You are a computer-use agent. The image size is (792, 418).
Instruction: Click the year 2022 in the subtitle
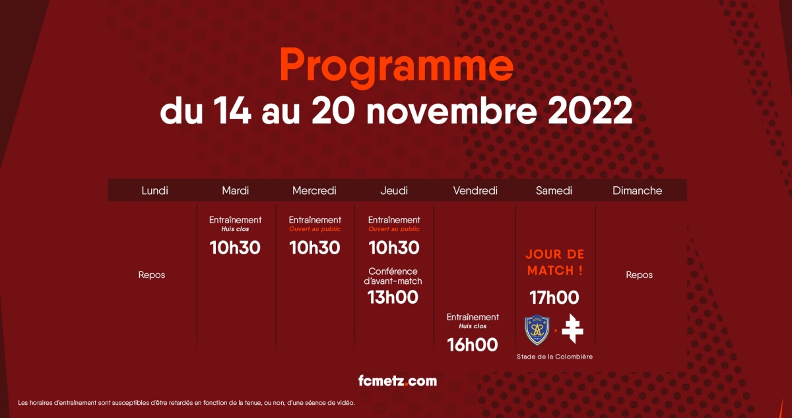pyautogui.click(x=590, y=110)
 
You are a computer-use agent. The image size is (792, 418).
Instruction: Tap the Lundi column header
pyautogui.click(x=154, y=191)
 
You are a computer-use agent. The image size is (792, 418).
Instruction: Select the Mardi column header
pyautogui.click(x=236, y=191)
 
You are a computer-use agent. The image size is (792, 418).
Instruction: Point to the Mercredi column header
pyautogui.click(x=314, y=191)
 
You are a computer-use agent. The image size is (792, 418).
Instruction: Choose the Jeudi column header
pyautogui.click(x=394, y=191)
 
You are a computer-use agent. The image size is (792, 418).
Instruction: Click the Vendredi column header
pyautogui.click(x=475, y=191)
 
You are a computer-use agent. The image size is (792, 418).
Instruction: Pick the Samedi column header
pyautogui.click(x=554, y=191)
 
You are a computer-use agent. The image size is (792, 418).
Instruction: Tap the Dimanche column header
pyautogui.click(x=637, y=191)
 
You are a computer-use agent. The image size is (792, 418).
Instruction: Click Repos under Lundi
pyautogui.click(x=152, y=275)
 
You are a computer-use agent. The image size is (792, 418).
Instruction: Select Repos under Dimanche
pyautogui.click(x=640, y=275)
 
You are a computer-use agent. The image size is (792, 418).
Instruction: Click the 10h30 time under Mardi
pyautogui.click(x=235, y=248)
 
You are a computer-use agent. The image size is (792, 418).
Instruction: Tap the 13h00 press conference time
pyautogui.click(x=393, y=297)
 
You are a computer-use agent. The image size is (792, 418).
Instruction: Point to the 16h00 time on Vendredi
pyautogui.click(x=473, y=345)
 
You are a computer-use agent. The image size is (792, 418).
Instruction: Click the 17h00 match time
pyautogui.click(x=554, y=297)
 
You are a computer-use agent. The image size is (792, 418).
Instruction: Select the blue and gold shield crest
pyautogui.click(x=537, y=330)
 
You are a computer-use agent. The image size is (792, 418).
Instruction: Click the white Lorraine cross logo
pyautogui.click(x=572, y=329)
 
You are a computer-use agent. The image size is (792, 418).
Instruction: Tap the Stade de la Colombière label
pyautogui.click(x=555, y=357)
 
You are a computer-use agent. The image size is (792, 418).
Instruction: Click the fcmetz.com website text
pyautogui.click(x=397, y=381)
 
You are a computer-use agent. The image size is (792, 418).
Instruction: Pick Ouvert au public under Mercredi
pyautogui.click(x=315, y=229)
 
